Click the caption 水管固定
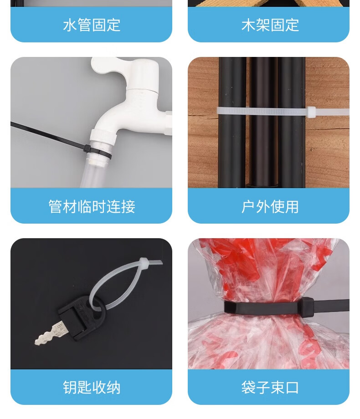(92, 25)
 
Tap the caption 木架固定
(270, 25)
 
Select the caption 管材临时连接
(92, 206)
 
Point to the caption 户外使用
(270, 206)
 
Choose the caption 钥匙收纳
(92, 387)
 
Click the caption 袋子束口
(270, 387)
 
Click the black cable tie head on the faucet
(87, 148)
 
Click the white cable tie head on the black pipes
(311, 112)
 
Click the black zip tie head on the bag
(307, 306)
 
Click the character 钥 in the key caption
(70, 387)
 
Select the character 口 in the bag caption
(292, 387)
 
